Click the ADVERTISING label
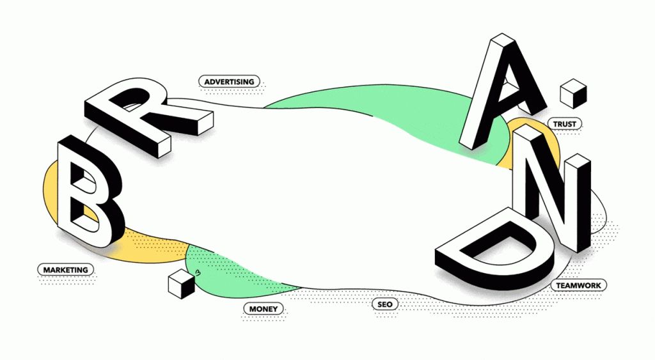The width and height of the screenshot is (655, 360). point(230,81)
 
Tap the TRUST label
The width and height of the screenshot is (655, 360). point(564,124)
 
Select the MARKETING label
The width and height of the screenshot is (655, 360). point(66,270)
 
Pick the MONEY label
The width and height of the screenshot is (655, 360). point(264,309)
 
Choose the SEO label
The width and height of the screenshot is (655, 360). point(384,304)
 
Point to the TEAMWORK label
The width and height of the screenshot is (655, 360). point(578,285)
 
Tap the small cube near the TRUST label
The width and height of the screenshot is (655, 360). point(573,93)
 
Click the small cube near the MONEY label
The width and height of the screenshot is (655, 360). point(181,283)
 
